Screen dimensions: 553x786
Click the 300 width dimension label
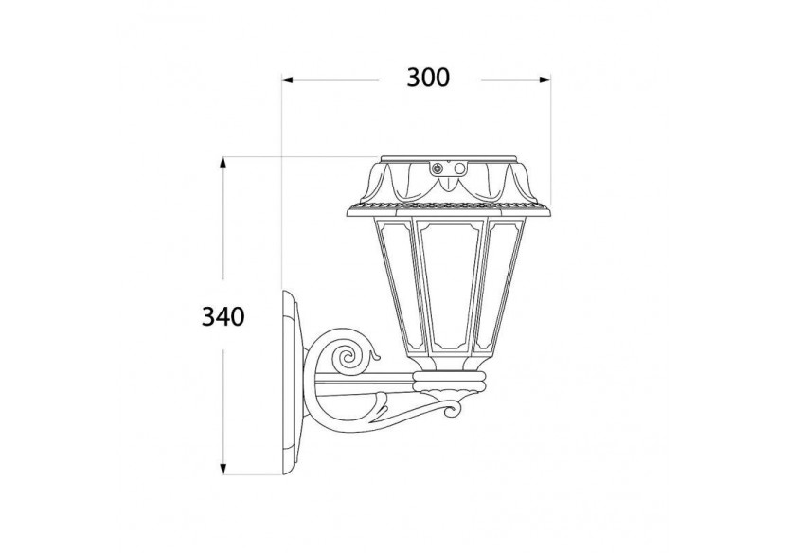pyautogui.click(x=427, y=79)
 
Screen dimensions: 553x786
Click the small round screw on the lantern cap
pyautogui.click(x=438, y=169)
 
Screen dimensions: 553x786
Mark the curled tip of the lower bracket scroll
pyautogui.click(x=456, y=408)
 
